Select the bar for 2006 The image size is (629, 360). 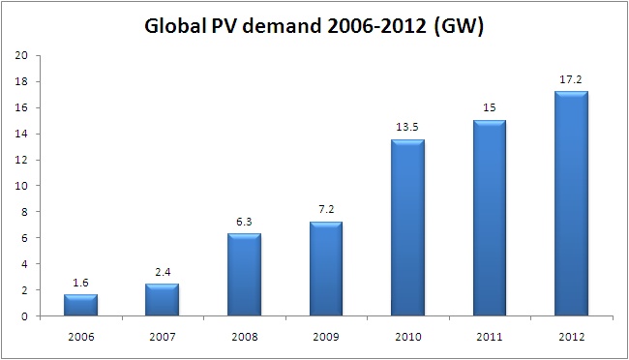click(80, 305)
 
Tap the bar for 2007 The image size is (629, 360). click(163, 300)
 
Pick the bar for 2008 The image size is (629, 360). click(245, 275)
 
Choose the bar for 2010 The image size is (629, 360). click(408, 228)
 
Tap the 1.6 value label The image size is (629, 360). click(80, 284)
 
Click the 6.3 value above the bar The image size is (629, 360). click(245, 223)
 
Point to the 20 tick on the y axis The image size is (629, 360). click(20, 55)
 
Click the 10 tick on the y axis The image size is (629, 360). click(20, 186)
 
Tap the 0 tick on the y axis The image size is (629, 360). click(23, 316)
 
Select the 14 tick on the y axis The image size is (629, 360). click(20, 134)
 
